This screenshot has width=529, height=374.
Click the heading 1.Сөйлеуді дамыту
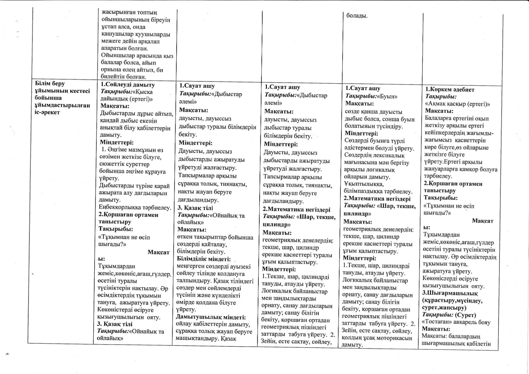[128, 85]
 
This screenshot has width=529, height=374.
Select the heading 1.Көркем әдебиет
[450, 89]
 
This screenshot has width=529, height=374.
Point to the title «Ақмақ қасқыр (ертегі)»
[457, 104]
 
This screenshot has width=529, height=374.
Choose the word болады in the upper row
[357, 16]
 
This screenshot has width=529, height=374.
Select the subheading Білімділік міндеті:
[204, 259]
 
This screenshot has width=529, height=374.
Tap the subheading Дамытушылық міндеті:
[211, 317]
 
